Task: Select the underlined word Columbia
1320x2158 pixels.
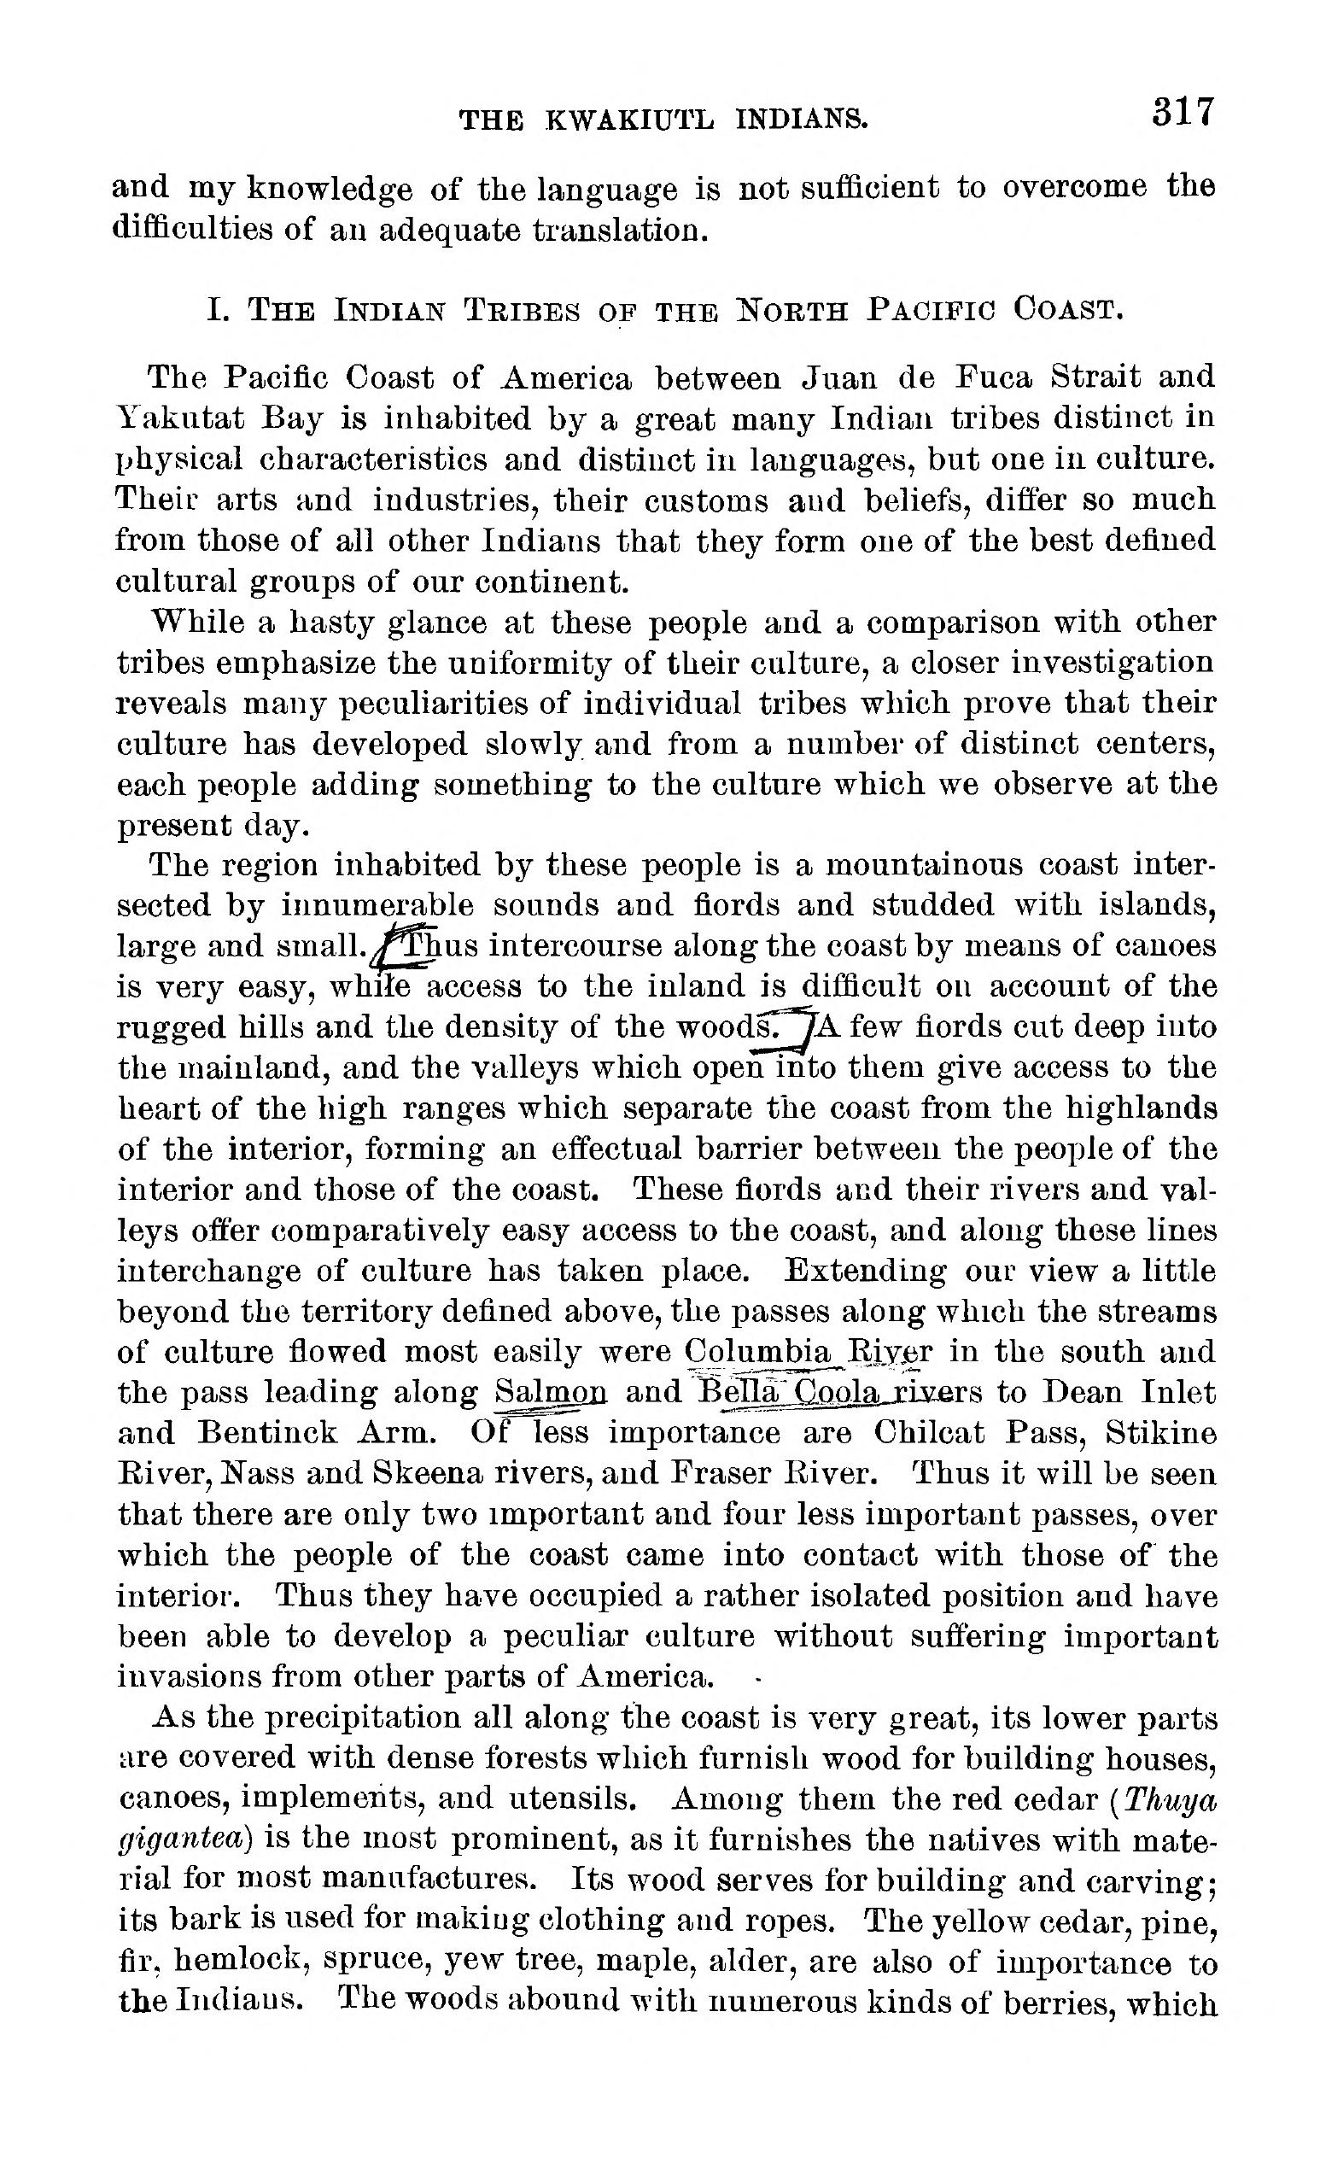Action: point(758,1351)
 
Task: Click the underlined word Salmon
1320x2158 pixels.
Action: point(550,1392)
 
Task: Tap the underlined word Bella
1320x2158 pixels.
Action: point(737,1392)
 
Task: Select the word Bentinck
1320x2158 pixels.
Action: point(268,1433)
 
